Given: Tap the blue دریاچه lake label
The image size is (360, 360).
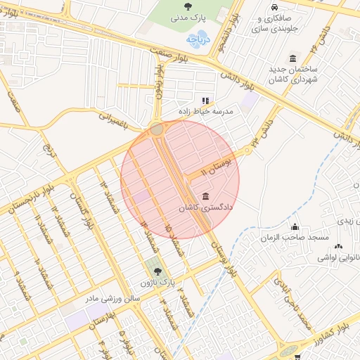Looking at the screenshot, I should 202,40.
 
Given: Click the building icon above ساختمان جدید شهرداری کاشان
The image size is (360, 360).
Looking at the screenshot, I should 292,58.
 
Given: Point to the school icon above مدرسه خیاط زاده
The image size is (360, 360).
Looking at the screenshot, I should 206,101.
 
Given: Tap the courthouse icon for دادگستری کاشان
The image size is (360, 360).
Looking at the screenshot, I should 205,196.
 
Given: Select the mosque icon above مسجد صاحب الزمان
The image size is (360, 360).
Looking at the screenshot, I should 295,226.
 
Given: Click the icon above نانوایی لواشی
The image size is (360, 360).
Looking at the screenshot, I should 340,247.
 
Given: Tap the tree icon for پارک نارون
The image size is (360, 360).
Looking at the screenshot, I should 155,270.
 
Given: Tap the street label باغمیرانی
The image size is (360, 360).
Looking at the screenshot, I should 115,122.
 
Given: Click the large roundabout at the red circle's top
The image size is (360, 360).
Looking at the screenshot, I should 156,129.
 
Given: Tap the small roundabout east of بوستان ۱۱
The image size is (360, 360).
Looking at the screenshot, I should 247,151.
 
